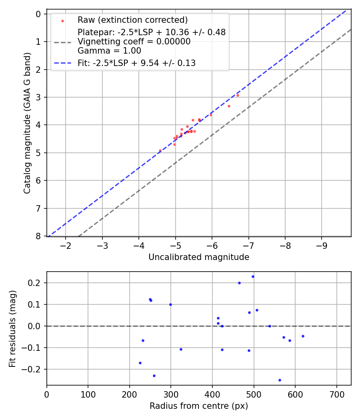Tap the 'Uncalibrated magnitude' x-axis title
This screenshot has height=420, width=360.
tap(199, 257)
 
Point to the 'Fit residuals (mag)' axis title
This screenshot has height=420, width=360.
tap(13, 329)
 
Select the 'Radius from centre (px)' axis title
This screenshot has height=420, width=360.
tap(199, 406)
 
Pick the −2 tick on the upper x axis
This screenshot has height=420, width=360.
tap(66, 244)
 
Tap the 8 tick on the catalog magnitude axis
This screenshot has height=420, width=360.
tap(38, 236)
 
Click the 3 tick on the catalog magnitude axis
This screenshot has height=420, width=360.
tap(38, 97)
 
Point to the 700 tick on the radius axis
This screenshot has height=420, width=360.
tap(336, 393)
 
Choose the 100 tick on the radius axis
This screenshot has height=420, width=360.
tap(88, 393)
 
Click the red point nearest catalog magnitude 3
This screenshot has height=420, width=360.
tap(238, 95)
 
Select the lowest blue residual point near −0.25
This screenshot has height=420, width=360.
tap(280, 380)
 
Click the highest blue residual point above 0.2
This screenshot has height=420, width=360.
tap(253, 276)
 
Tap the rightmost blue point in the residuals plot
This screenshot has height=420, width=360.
tap(303, 336)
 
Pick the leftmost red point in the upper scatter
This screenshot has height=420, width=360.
tap(160, 150)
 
